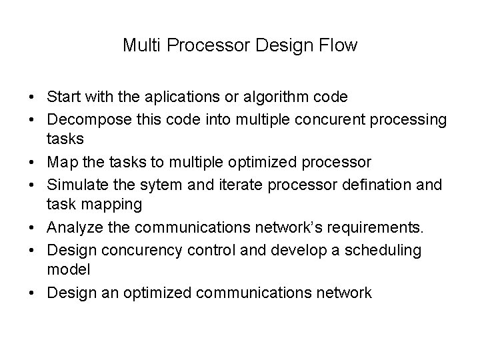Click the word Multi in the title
[x=139, y=46]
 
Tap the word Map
[x=62, y=162]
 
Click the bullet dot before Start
[x=33, y=97]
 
